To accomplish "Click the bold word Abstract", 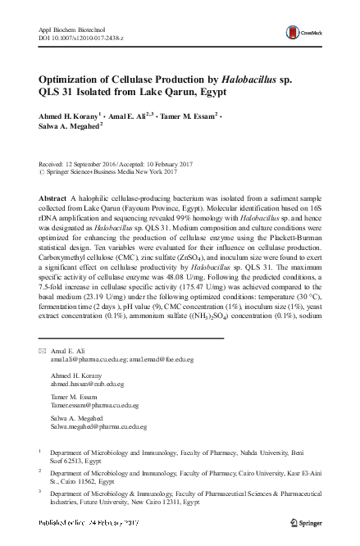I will pos(54,200).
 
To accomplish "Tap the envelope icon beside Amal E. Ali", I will pos(42,350).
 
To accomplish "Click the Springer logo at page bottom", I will pos(307,521).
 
